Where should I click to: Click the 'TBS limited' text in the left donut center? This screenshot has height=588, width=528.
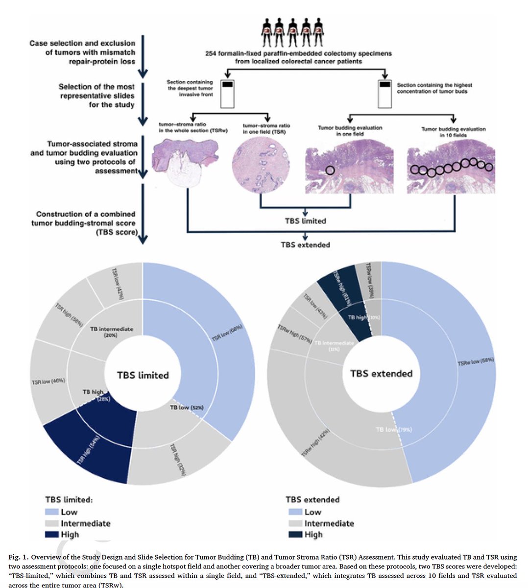pos(143,375)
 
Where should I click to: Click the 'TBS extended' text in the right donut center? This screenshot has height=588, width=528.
pos(381,373)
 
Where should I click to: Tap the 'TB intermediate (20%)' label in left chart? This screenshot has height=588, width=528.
pos(112,332)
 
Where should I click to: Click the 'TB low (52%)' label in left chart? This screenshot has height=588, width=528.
pos(186,407)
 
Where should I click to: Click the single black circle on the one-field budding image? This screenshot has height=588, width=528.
pos(330,170)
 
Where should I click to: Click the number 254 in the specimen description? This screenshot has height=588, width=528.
pos(212,53)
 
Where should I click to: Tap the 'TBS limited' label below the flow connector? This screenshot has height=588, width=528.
pos(305,221)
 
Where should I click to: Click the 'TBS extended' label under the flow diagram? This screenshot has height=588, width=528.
pos(305,245)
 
